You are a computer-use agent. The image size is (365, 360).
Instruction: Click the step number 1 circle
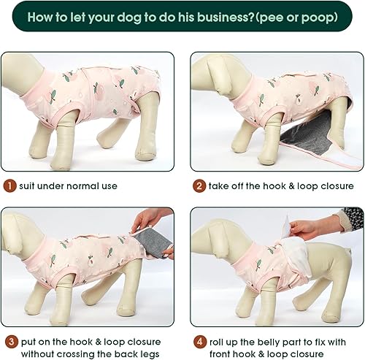pyautogui.click(x=9, y=185)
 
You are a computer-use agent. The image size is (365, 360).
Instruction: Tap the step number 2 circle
pyautogui.click(x=199, y=185)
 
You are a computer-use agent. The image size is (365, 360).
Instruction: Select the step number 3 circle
pyautogui.click(x=9, y=341)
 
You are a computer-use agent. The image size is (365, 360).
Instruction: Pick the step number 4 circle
pyautogui.click(x=199, y=341)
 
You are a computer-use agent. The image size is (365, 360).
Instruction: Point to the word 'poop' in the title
pyautogui.click(x=321, y=15)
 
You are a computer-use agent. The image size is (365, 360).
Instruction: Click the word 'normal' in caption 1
pyautogui.click(x=75, y=186)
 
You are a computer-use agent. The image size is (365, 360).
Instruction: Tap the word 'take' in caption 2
pyautogui.click(x=220, y=186)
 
